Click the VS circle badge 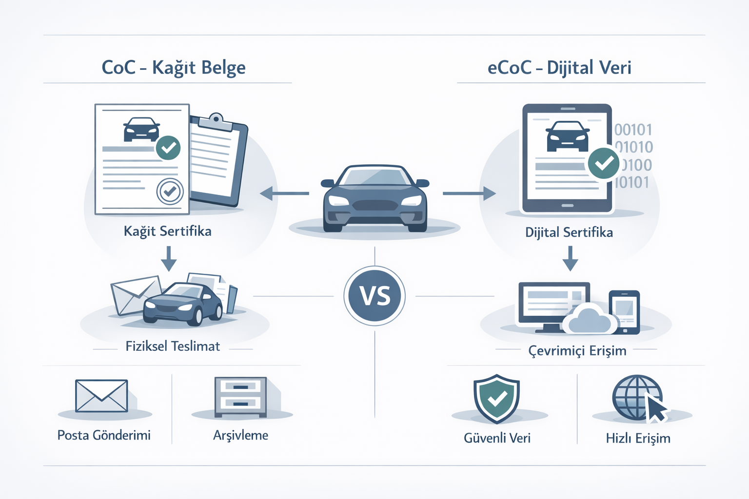click(374, 296)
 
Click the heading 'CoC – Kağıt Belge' click(173, 68)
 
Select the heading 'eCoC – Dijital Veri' click(559, 68)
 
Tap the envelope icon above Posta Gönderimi click(101, 396)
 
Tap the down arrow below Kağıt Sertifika click(169, 258)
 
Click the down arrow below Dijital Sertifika click(570, 258)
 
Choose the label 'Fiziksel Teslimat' click(173, 346)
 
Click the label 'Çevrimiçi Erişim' click(577, 351)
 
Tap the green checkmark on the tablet click(603, 163)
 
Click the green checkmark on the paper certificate click(168, 148)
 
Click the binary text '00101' click(633, 130)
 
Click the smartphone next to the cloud click(624, 312)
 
